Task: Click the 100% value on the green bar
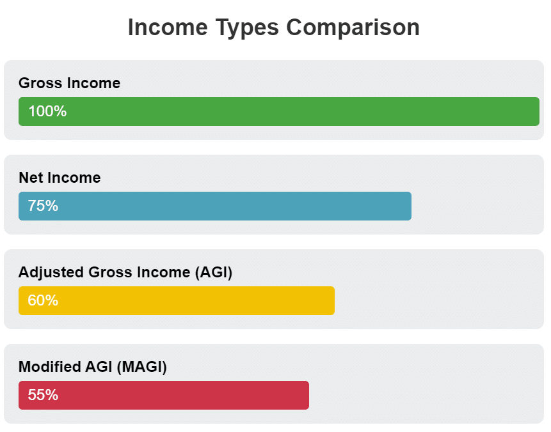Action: pyautogui.click(x=47, y=111)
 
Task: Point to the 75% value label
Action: pyautogui.click(x=43, y=206)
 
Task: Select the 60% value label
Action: pyautogui.click(x=43, y=300)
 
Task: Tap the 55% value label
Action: pyautogui.click(x=43, y=395)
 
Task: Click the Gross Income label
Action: pyautogui.click(x=69, y=83)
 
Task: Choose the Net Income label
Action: pyautogui.click(x=60, y=178)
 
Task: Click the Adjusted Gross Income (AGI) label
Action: pyautogui.click(x=125, y=272)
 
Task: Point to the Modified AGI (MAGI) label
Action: pyautogui.click(x=93, y=367)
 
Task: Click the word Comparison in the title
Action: pyautogui.click(x=353, y=27)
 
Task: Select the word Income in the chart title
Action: pyautogui.click(x=168, y=27)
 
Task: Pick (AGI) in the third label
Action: pyautogui.click(x=212, y=272)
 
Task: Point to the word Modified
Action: pyautogui.click(x=49, y=367)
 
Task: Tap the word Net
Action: pyautogui.click(x=30, y=178)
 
